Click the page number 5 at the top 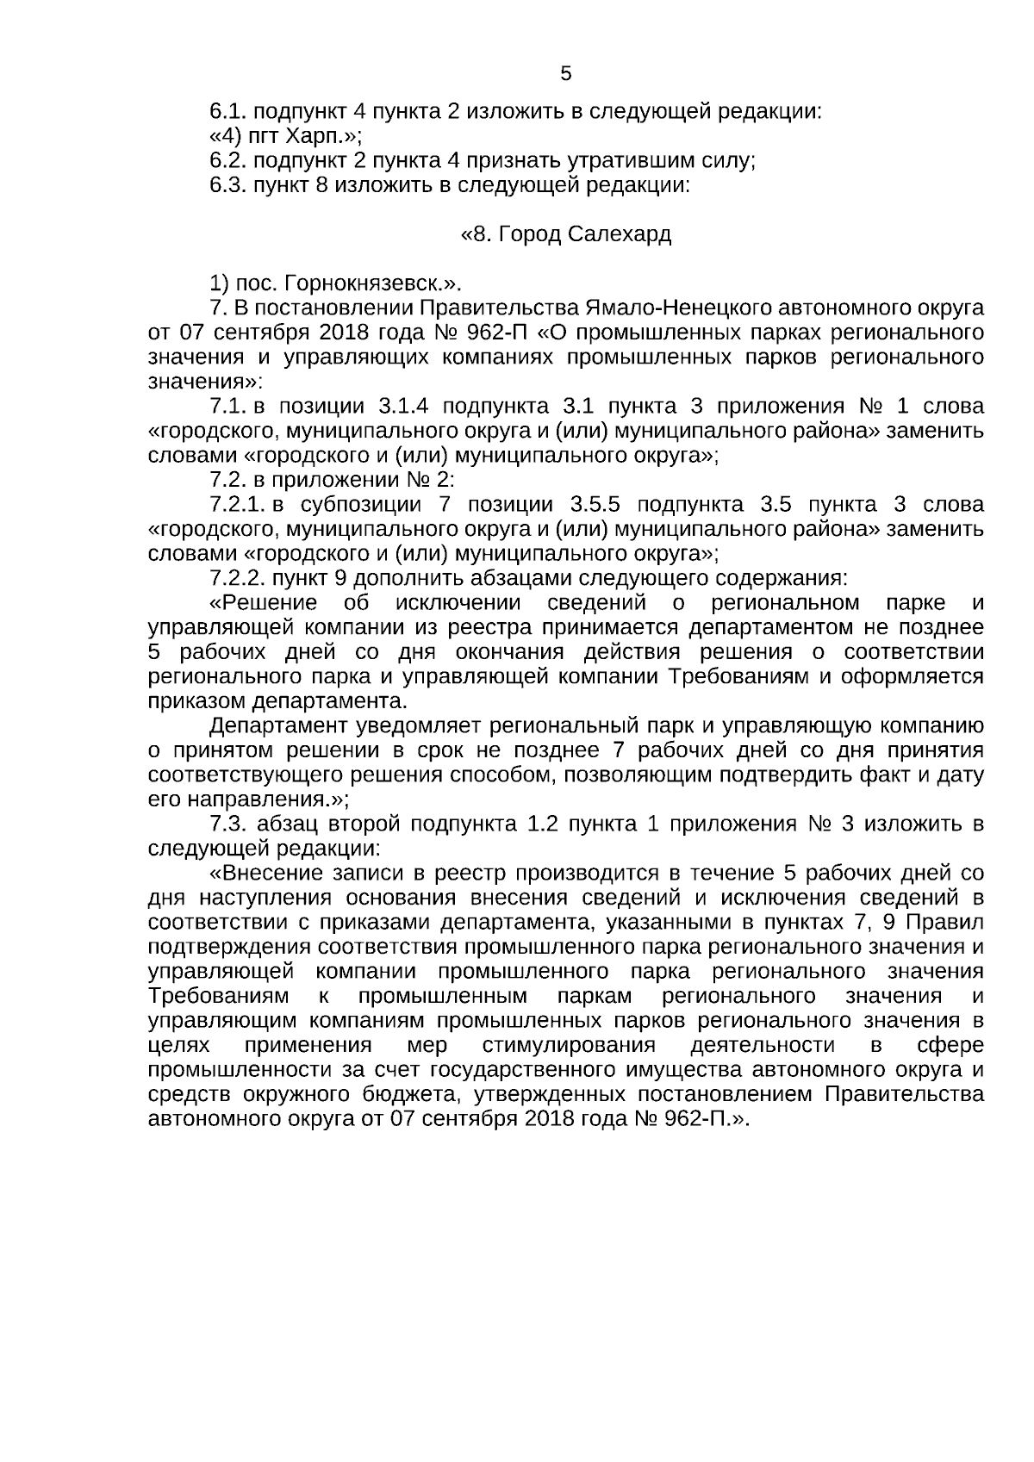(x=566, y=74)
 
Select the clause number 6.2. (x=228, y=160)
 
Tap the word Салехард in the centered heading (x=620, y=234)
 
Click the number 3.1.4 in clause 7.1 (x=405, y=407)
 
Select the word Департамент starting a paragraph (x=272, y=725)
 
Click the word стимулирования (x=569, y=1046)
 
